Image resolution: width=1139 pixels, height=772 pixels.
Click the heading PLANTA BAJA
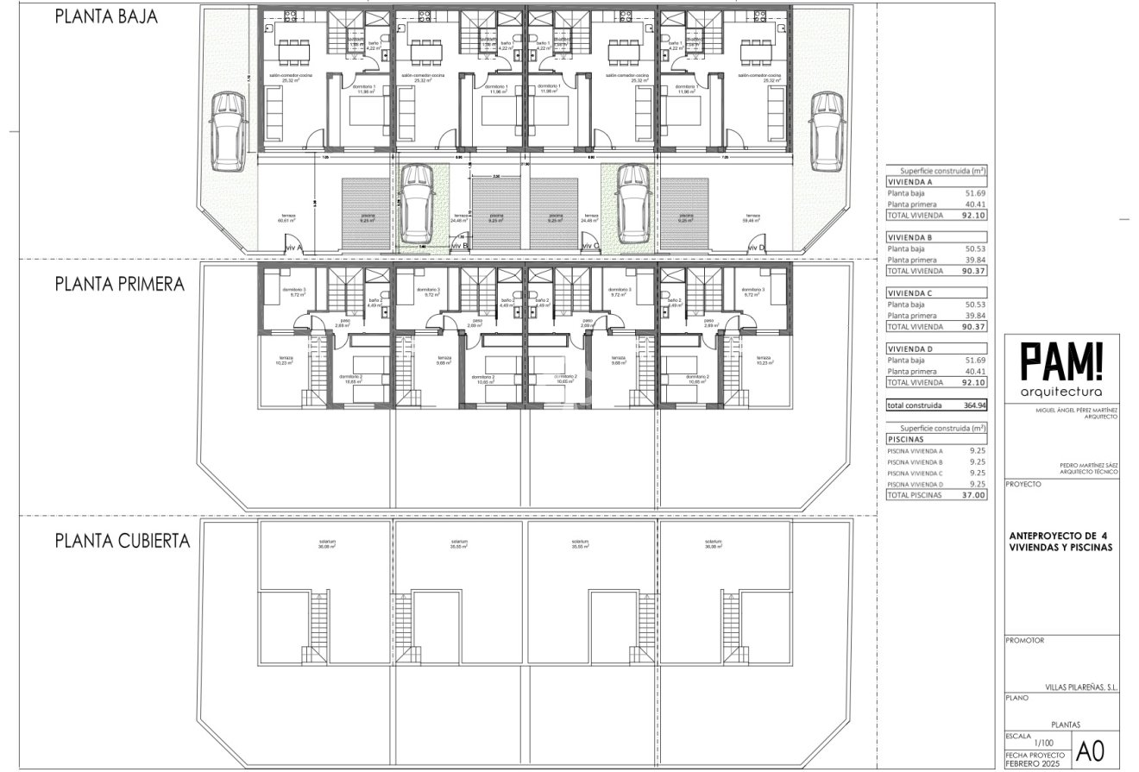(x=106, y=16)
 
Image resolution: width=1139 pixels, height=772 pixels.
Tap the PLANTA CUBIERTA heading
(x=123, y=541)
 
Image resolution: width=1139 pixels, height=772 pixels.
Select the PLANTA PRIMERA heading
(x=120, y=284)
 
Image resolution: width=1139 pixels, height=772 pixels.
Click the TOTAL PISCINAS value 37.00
(x=972, y=495)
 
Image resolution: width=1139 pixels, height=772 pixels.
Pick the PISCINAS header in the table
(x=905, y=439)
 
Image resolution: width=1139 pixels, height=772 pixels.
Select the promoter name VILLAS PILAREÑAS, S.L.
(x=1081, y=687)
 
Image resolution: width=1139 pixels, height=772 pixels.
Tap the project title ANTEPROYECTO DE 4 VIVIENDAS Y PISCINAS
(x=1060, y=541)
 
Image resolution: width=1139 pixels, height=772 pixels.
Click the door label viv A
(x=293, y=247)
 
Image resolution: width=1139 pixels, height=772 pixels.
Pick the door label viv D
(x=755, y=247)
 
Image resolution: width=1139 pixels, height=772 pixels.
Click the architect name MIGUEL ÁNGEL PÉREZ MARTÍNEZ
(x=1076, y=412)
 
